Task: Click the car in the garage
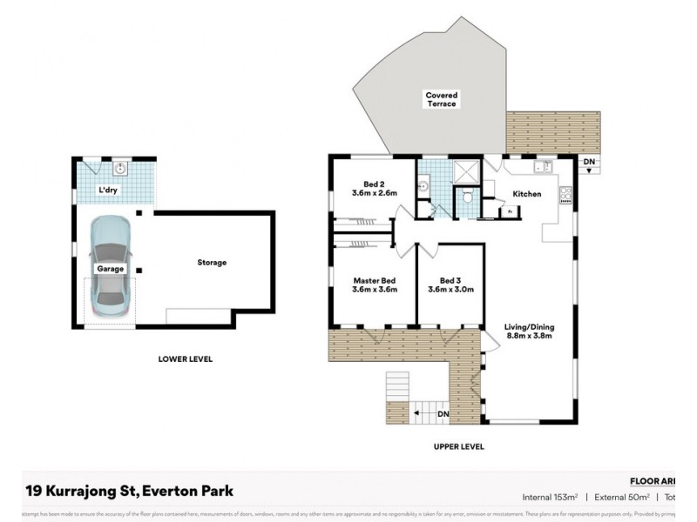click(111, 262)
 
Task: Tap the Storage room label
click(212, 262)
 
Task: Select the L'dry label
click(107, 190)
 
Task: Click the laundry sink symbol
click(118, 169)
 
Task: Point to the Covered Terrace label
click(442, 99)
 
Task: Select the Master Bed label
click(375, 280)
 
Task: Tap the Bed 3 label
click(450, 280)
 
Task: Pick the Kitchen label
click(528, 193)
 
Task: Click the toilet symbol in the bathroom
click(468, 197)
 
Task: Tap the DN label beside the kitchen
click(589, 162)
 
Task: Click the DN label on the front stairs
click(442, 413)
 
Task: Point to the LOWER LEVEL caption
click(185, 358)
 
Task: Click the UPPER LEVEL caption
click(458, 446)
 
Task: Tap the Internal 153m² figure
click(551, 498)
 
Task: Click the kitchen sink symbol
click(541, 166)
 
